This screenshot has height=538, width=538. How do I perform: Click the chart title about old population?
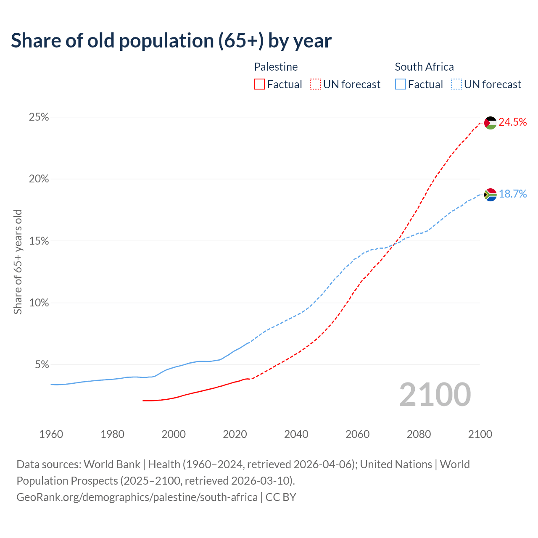tap(171, 41)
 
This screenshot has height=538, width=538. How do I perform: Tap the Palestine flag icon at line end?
tap(491, 123)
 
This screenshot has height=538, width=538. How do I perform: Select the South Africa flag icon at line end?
tap(491, 195)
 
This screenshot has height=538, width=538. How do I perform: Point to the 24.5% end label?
tap(512, 122)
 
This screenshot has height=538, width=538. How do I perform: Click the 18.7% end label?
tap(512, 194)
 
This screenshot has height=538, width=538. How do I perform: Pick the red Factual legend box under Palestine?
tap(259, 84)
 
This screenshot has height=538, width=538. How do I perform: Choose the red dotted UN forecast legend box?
tap(315, 84)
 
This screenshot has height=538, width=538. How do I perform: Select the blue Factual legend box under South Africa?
tap(401, 84)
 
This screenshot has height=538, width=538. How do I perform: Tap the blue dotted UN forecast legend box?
tap(456, 84)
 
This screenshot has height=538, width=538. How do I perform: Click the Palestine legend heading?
tap(276, 67)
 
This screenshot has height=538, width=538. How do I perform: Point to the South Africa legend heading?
tap(424, 67)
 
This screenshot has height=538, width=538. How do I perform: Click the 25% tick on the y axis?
tap(39, 117)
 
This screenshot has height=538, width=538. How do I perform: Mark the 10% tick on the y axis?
tap(39, 303)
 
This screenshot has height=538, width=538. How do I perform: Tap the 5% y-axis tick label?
tap(41, 365)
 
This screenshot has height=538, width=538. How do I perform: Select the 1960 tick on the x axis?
tap(51, 434)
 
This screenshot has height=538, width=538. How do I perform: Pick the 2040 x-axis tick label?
tap(296, 434)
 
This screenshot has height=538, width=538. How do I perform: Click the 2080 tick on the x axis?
tap(419, 434)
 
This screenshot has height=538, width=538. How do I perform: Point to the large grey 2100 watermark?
tap(435, 395)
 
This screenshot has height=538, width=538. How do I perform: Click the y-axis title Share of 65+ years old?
tap(18, 262)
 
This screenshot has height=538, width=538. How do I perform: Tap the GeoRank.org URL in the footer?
tap(137, 497)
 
